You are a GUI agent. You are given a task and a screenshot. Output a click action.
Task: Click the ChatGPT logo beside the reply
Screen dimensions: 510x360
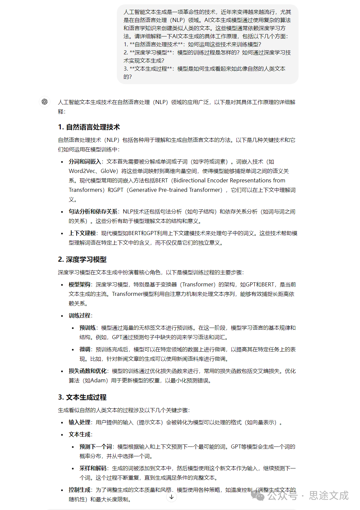pyautogui.click(x=45, y=102)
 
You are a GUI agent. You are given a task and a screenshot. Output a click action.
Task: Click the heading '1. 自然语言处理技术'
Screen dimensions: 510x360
pyautogui.click(x=89, y=127)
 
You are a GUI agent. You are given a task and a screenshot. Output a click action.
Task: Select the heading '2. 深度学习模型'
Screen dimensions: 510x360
pyautogui.click(x=82, y=259)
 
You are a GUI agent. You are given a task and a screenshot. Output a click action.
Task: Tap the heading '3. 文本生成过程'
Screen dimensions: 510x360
pyautogui.click(x=82, y=397)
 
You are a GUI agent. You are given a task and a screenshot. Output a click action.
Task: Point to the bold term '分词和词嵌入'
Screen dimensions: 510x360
pyautogui.click(x=85, y=161)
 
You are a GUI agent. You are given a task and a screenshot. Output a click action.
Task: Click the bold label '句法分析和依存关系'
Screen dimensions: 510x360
pyautogui.click(x=93, y=211)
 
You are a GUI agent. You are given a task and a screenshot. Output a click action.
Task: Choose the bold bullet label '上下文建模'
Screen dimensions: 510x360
pyautogui.click(x=82, y=233)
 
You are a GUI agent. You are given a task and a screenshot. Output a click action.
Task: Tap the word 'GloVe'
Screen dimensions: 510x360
pyautogui.click(x=109, y=171)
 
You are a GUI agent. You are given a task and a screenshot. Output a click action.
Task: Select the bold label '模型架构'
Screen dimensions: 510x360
pyautogui.click(x=79, y=284)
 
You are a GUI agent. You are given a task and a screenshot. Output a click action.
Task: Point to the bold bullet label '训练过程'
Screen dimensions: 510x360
pyautogui.click(x=79, y=315)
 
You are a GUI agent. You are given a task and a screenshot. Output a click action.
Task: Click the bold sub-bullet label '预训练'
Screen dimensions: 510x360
pyautogui.click(x=87, y=328)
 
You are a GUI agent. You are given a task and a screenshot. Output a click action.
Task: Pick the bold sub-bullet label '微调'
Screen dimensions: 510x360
pyautogui.click(x=85, y=349)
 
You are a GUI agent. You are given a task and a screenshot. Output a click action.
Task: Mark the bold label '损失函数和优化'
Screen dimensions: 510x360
pyautogui.click(x=87, y=371)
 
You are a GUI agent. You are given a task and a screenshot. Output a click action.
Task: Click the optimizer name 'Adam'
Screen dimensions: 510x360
pyautogui.click(x=98, y=380)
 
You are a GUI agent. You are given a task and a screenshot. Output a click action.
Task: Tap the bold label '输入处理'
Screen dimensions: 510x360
pyautogui.click(x=79, y=422)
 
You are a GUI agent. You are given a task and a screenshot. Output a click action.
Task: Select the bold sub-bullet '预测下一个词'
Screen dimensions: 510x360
pyautogui.click(x=96, y=447)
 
